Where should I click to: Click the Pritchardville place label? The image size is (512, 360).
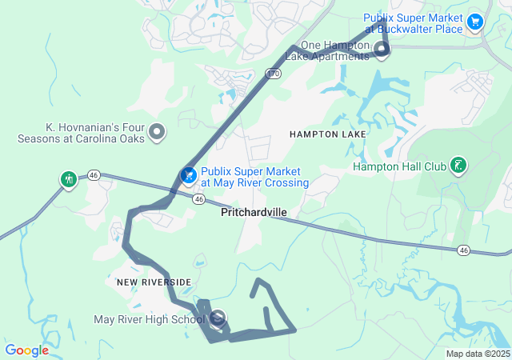click(254, 213)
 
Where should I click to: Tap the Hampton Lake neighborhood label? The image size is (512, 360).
click(328, 134)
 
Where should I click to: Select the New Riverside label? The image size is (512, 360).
click(154, 282)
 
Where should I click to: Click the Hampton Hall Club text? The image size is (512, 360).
click(398, 167)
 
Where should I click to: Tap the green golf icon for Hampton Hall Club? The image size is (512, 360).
click(458, 166)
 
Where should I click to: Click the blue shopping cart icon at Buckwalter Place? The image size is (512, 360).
click(475, 22)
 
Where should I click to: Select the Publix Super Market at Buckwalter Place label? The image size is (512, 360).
click(413, 23)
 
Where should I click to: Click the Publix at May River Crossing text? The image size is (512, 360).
click(254, 177)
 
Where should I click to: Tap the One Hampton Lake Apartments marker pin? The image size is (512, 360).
click(382, 50)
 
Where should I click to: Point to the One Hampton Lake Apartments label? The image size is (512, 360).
click(335, 50)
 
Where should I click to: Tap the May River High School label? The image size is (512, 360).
click(150, 320)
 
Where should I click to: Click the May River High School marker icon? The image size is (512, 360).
click(218, 318)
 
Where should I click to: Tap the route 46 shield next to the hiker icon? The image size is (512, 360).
click(94, 174)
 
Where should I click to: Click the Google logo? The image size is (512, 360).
click(26, 350)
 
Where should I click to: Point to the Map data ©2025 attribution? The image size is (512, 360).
click(477, 354)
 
